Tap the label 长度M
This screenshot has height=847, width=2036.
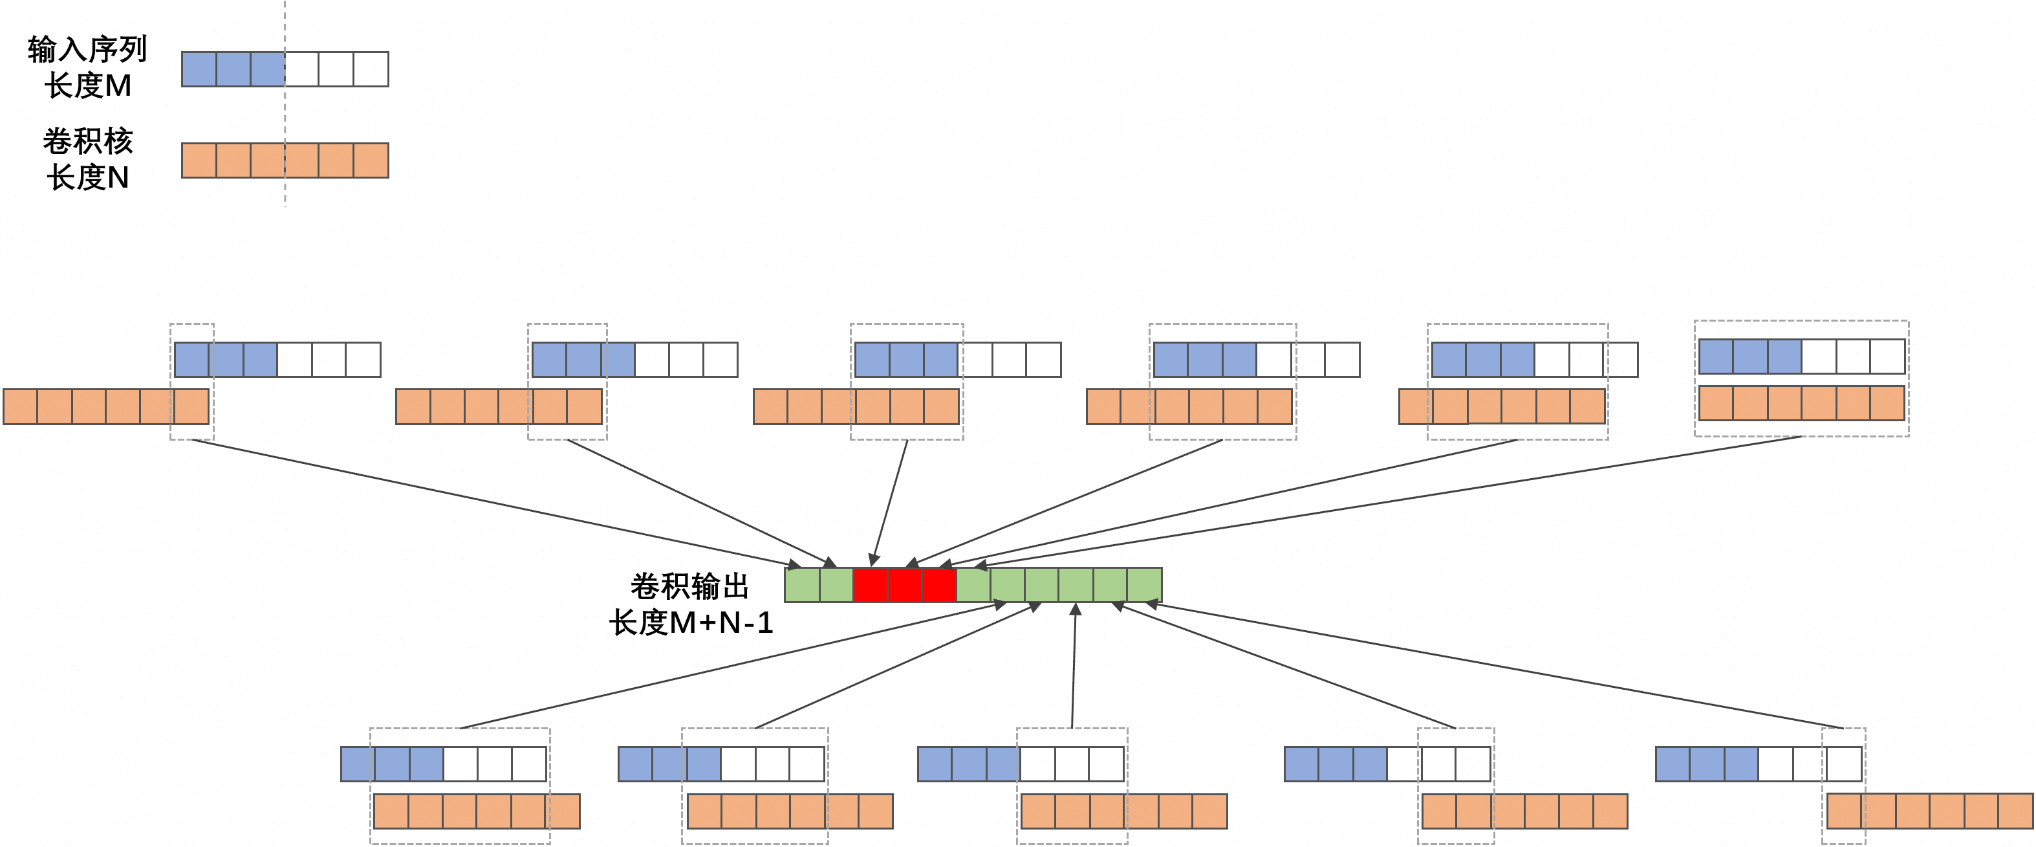pyautogui.click(x=88, y=85)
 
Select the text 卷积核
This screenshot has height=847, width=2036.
pyautogui.click(x=88, y=141)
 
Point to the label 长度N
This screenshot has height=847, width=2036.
pyautogui.click(x=88, y=177)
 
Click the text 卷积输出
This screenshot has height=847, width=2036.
pyautogui.click(x=689, y=586)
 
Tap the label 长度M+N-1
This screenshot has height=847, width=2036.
pyautogui.click(x=691, y=622)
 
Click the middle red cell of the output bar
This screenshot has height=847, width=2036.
pyautogui.click(x=905, y=584)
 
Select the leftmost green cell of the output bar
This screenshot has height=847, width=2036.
pyautogui.click(x=802, y=584)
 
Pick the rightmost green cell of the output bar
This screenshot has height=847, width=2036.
pyautogui.click(x=1145, y=584)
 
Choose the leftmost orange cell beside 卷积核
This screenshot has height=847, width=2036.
pyautogui.click(x=199, y=160)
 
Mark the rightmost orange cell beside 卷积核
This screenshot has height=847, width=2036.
pyautogui.click(x=371, y=160)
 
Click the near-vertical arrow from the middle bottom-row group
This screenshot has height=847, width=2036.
pyautogui.click(x=1074, y=665)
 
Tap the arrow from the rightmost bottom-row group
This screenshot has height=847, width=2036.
pyautogui.click(x=1495, y=666)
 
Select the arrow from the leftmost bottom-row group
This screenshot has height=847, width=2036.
pyautogui.click(x=733, y=665)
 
